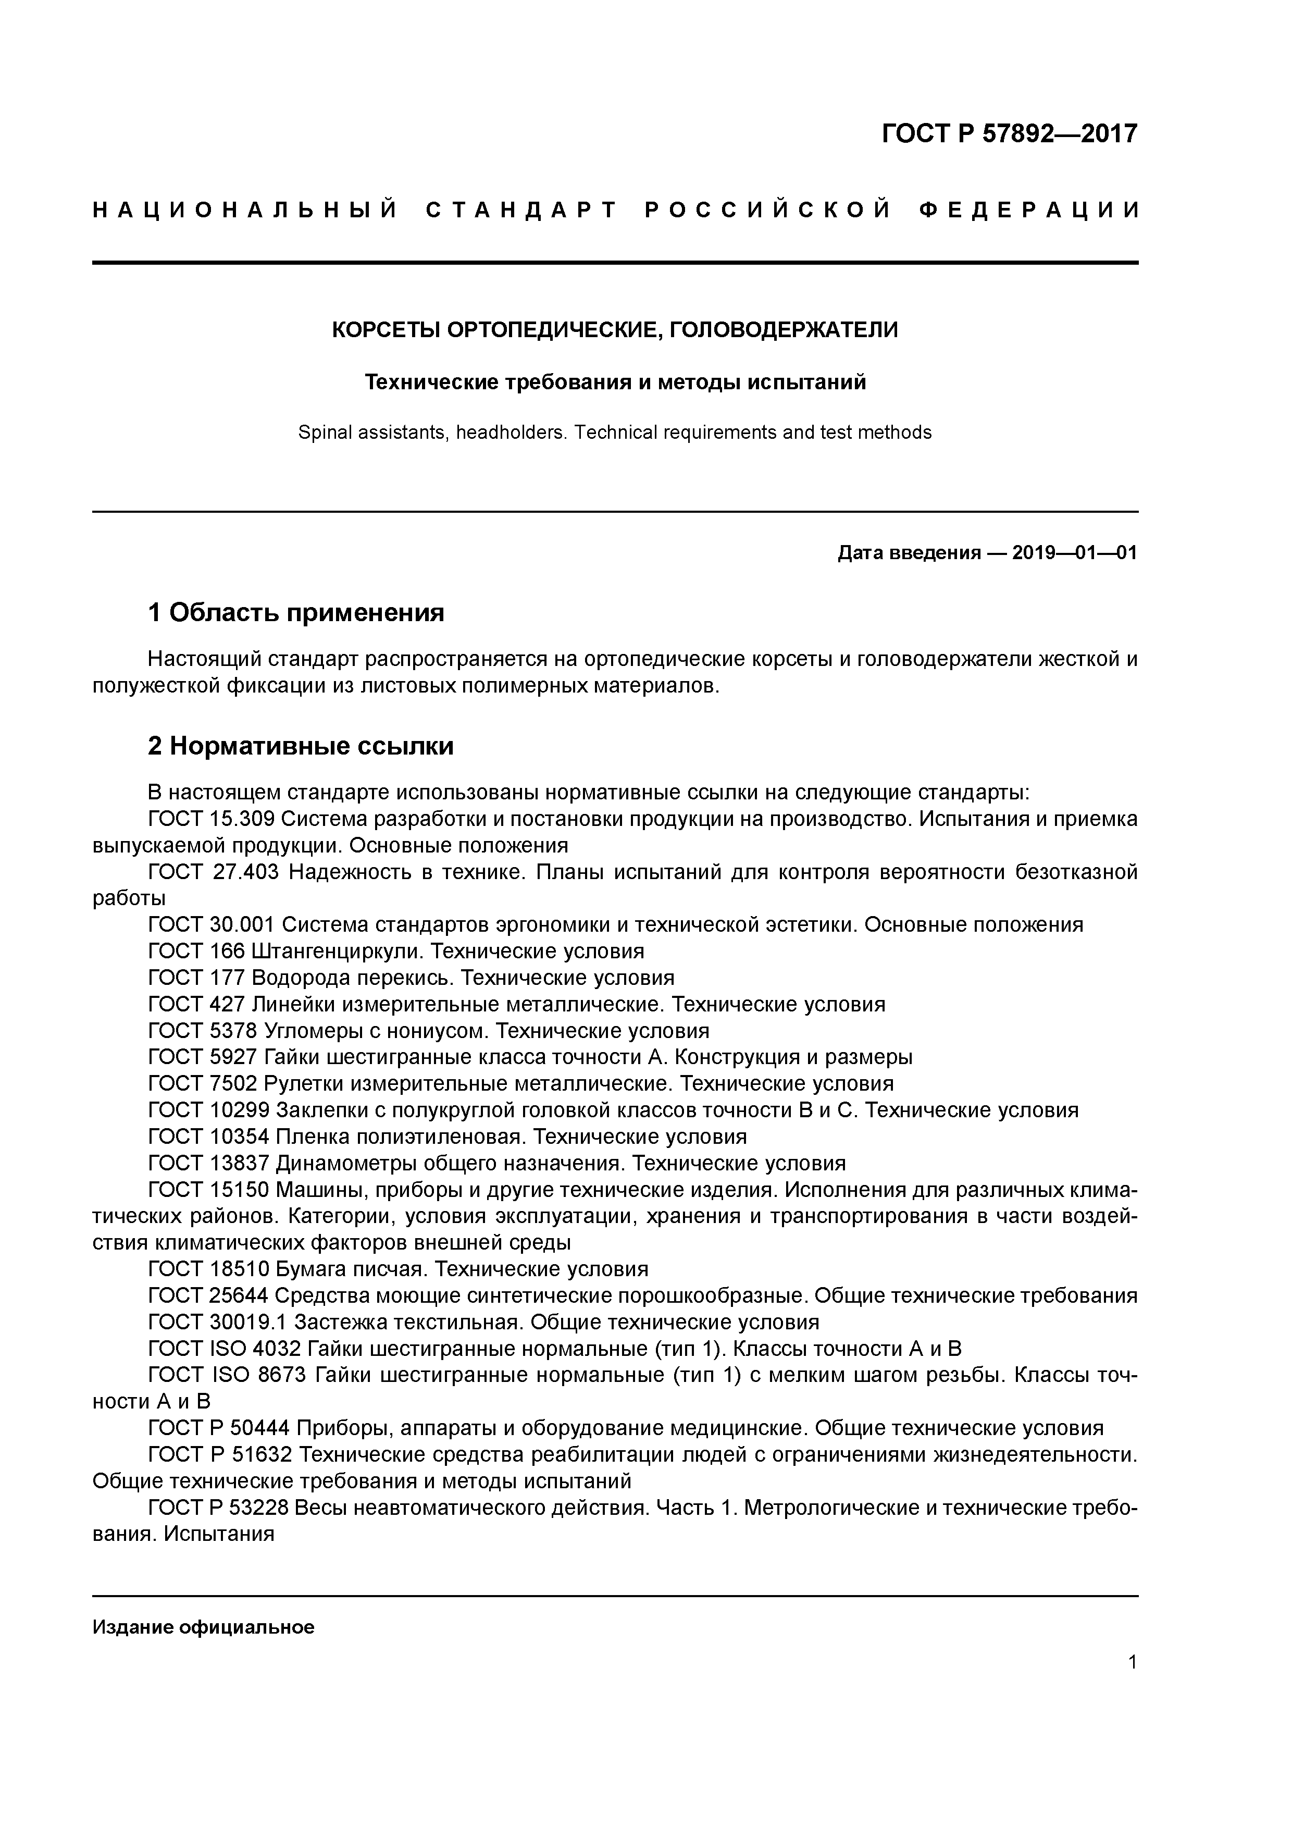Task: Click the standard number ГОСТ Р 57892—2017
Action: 1010,134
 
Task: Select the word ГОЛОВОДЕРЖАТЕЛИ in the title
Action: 784,330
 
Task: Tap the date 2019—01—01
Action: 1075,552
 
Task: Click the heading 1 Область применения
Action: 296,612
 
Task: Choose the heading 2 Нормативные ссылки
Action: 301,746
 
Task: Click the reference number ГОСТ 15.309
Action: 212,819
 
